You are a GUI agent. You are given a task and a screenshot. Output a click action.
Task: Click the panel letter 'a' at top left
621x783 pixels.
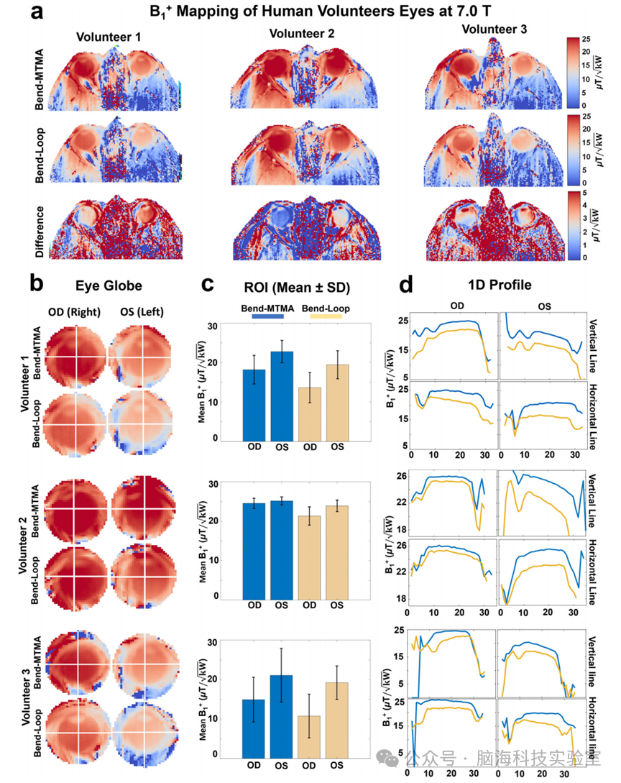click(41, 14)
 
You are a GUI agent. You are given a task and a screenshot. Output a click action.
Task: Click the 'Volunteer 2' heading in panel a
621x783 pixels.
click(302, 34)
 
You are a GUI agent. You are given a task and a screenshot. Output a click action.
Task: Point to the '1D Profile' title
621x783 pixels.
click(500, 285)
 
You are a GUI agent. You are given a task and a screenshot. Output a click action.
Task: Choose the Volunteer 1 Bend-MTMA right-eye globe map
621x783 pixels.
click(75, 357)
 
